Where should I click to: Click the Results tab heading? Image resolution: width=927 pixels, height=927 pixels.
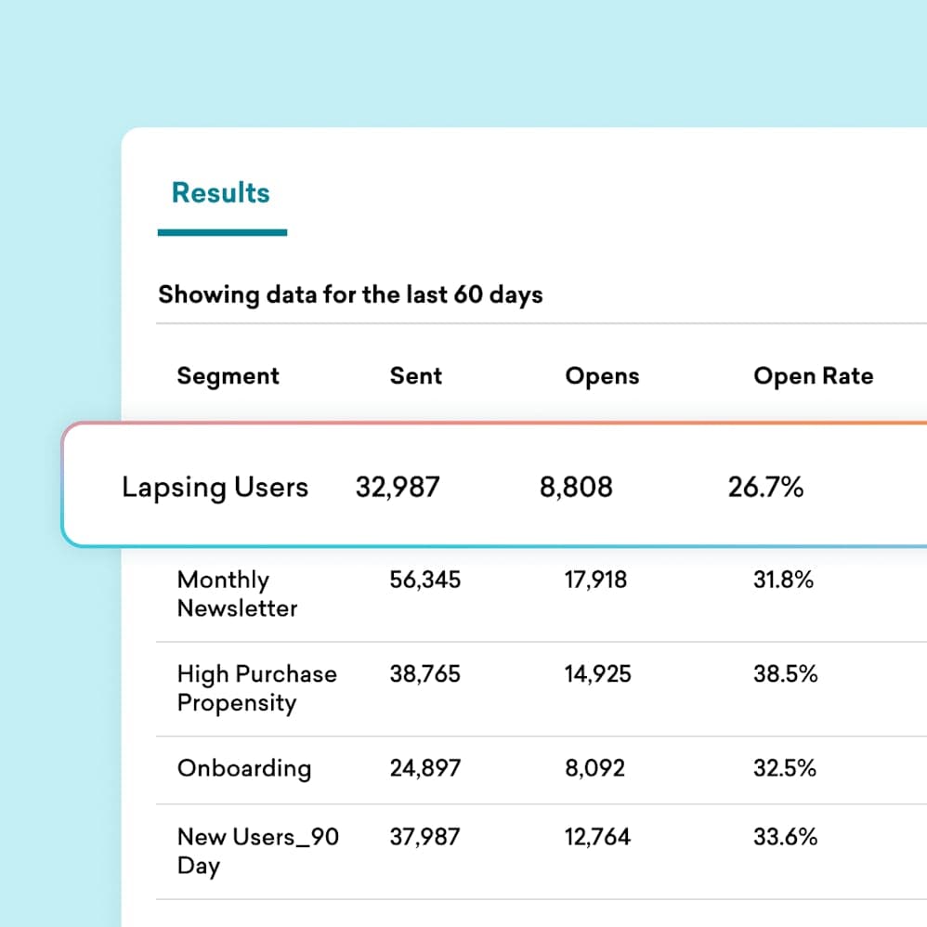pyautogui.click(x=221, y=193)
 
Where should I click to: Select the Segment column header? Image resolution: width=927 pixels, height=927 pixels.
pyautogui.click(x=228, y=376)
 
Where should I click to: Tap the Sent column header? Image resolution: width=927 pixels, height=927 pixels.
pyautogui.click(x=416, y=376)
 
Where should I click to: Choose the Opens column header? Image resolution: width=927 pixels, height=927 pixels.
pyautogui.click(x=602, y=376)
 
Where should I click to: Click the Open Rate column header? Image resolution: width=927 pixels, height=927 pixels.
pyautogui.click(x=814, y=376)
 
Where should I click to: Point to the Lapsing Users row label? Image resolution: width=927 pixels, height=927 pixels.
pyautogui.click(x=215, y=488)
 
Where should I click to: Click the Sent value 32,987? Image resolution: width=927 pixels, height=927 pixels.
pyautogui.click(x=398, y=487)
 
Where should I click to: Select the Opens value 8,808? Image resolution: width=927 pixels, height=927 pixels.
pyautogui.click(x=576, y=487)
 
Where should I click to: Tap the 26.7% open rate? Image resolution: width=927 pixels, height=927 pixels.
pyautogui.click(x=765, y=487)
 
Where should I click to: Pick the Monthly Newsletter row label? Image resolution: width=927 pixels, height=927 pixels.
pyautogui.click(x=237, y=594)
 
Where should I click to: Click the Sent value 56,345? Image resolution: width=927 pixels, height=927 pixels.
pyautogui.click(x=425, y=581)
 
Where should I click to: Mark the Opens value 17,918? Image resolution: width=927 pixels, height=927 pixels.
pyautogui.click(x=595, y=581)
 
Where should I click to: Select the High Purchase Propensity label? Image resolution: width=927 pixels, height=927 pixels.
pyautogui.click(x=256, y=688)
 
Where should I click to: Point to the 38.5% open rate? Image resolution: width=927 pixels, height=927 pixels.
pyautogui.click(x=785, y=674)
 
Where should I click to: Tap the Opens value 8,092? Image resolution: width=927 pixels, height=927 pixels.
pyautogui.click(x=594, y=768)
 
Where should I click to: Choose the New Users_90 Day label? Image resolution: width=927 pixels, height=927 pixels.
pyautogui.click(x=257, y=851)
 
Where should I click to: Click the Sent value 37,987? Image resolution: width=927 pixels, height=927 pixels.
pyautogui.click(x=425, y=837)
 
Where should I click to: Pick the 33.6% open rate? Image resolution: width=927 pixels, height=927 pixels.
pyautogui.click(x=785, y=837)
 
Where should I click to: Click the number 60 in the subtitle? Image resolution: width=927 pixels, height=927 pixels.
pyautogui.click(x=463, y=295)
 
